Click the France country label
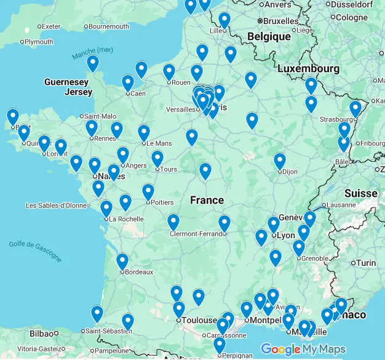tap(207, 201)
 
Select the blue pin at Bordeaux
tap(122, 262)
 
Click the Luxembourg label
tap(308, 68)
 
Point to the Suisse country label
tap(360, 193)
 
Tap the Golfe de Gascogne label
tap(35, 250)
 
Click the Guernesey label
tap(66, 82)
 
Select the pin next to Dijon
tap(280, 161)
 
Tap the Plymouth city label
tap(39, 42)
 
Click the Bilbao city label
tap(41, 334)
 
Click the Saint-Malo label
tap(100, 116)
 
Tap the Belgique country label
tap(269, 37)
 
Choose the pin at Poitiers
tap(148, 192)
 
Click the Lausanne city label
tap(341, 205)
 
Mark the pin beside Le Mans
tap(143, 132)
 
